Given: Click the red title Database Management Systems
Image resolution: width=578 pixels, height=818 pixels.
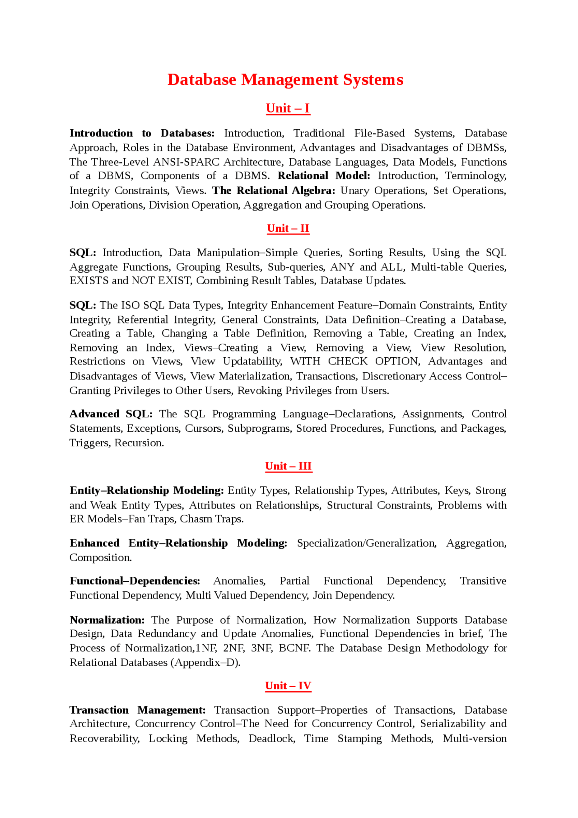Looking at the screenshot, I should point(285,79).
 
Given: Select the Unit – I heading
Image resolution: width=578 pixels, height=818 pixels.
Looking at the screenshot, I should point(288,108).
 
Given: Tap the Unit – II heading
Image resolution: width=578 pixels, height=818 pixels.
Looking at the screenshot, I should point(288,228).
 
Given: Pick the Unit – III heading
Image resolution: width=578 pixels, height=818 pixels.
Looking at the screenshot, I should point(288,466).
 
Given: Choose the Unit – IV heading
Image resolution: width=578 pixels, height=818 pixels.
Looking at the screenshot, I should point(288,686).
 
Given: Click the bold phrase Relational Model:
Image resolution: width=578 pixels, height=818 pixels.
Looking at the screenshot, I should point(324,176).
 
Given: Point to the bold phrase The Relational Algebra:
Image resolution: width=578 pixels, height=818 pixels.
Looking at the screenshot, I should point(274,191).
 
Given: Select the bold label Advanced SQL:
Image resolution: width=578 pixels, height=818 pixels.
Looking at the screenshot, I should point(111,414).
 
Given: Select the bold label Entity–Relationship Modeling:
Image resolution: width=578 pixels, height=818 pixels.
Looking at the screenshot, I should point(146,491).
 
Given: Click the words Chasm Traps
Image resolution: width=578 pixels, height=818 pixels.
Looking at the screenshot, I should point(211,519).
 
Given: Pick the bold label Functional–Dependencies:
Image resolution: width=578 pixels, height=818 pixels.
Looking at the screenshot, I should point(135,581).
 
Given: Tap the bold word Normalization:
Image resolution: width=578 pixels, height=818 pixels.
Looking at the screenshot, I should point(107,620).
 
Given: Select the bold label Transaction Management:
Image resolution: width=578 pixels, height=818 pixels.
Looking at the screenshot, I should point(137,710).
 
